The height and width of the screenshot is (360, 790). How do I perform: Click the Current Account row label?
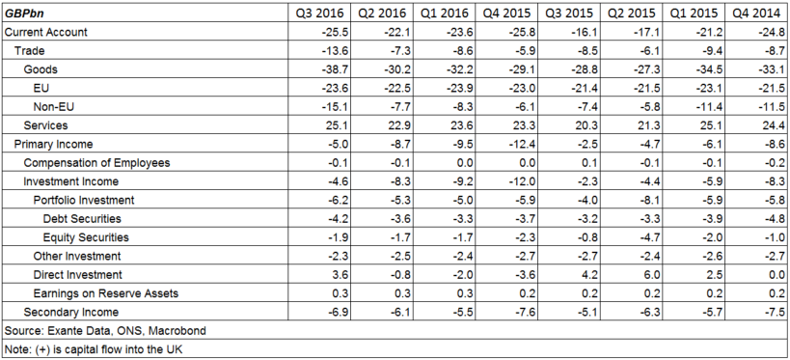tap(46, 32)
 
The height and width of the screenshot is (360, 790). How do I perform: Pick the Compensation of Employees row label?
tap(96, 162)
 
